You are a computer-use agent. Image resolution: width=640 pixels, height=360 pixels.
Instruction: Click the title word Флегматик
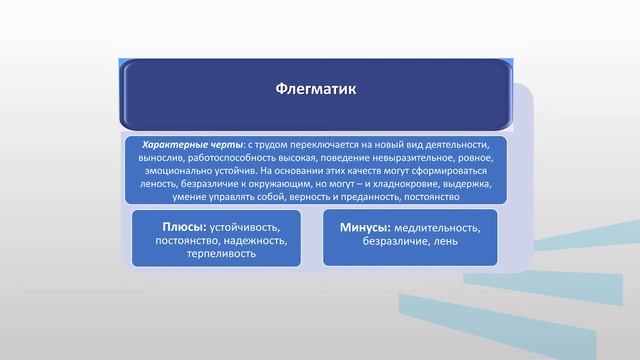tap(315, 89)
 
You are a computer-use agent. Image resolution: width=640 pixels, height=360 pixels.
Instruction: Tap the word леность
tap(162, 184)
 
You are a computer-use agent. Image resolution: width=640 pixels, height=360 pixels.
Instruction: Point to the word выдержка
tap(465, 184)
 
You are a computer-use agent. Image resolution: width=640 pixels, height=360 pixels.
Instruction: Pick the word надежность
tap(246, 241)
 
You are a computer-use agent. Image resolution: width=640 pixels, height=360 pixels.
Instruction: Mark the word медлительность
tap(438, 228)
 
